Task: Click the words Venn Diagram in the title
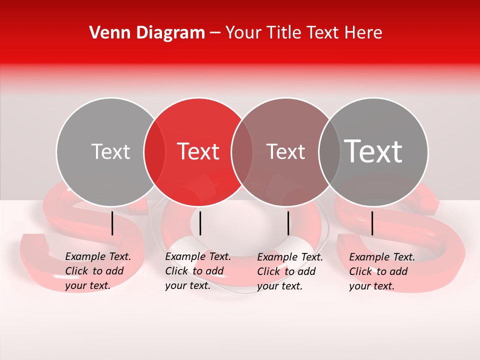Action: point(147,33)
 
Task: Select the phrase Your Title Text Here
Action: point(303,33)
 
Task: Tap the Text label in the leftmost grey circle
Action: point(110,151)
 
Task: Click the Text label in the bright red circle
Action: point(198,151)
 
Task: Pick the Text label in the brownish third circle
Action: point(285,151)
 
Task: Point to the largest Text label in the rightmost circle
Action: point(373,151)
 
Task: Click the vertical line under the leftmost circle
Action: point(112,223)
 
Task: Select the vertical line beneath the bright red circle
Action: point(200,223)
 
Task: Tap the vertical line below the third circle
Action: point(288,223)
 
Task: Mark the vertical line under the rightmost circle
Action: point(372,223)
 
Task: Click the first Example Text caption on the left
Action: point(98,271)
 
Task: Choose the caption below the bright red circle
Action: point(198,271)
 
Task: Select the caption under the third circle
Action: point(290,271)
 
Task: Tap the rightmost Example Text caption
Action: point(382,271)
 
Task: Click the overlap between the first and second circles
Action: point(154,152)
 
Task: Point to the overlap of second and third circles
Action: point(242,152)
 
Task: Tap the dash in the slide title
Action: point(215,33)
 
